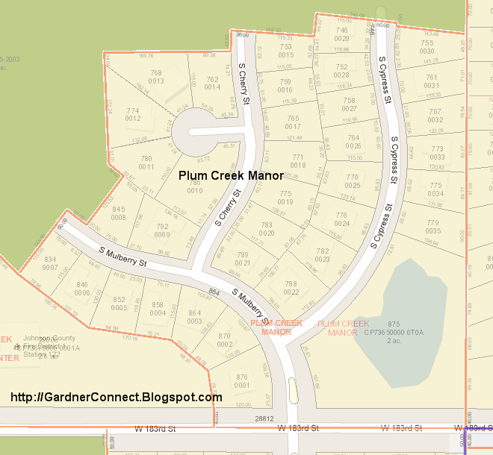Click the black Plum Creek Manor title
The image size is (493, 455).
[231, 176]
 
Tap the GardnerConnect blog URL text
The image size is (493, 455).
[117, 396]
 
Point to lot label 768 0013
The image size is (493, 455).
[156, 77]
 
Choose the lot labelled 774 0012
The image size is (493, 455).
[133, 114]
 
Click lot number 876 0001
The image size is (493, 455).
[241, 380]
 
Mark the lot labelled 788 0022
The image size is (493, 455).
[291, 287]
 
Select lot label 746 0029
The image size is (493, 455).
[342, 34]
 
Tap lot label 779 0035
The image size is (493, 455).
[432, 227]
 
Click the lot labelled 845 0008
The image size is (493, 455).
[118, 213]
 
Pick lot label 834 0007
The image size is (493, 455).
[50, 263]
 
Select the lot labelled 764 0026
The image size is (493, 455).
[353, 141]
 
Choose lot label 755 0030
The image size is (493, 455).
[427, 46]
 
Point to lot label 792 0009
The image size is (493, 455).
[162, 230]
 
